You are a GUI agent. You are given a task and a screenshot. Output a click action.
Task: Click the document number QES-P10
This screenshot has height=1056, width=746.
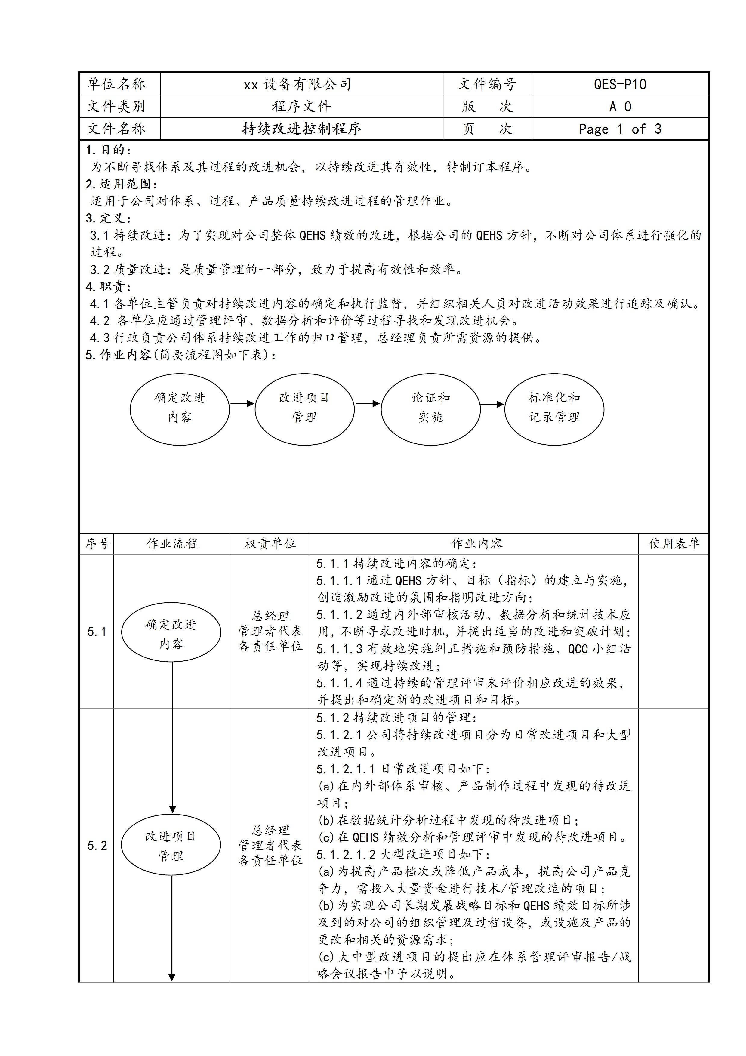click(620, 84)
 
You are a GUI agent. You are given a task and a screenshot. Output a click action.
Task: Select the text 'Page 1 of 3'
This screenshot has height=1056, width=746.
click(620, 129)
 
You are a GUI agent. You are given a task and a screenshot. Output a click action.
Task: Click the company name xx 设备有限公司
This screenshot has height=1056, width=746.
click(297, 84)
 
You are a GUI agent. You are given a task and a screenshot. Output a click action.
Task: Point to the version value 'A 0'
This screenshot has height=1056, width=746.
click(620, 107)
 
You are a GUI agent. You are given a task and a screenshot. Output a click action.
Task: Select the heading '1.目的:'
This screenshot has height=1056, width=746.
click(109, 150)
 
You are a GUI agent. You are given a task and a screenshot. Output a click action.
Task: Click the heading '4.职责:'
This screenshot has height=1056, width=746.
click(109, 287)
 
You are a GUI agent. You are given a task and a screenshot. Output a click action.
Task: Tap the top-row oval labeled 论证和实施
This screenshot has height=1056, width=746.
click(431, 409)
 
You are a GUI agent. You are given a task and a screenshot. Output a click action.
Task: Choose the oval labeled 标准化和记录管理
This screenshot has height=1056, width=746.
click(554, 409)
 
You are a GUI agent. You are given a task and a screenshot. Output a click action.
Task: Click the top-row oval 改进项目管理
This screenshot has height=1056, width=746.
click(304, 409)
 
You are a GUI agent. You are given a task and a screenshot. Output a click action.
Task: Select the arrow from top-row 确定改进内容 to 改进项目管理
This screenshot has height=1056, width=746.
click(242, 404)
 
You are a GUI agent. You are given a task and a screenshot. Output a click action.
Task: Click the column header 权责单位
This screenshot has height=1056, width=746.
click(270, 544)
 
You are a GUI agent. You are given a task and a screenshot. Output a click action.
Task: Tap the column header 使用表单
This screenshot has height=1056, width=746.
click(674, 544)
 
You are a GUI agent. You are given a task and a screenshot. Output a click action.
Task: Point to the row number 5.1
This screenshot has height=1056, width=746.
click(97, 632)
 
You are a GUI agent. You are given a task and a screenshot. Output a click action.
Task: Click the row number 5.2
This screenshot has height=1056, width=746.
click(97, 845)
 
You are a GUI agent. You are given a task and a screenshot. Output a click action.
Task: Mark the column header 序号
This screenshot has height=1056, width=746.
click(97, 544)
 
